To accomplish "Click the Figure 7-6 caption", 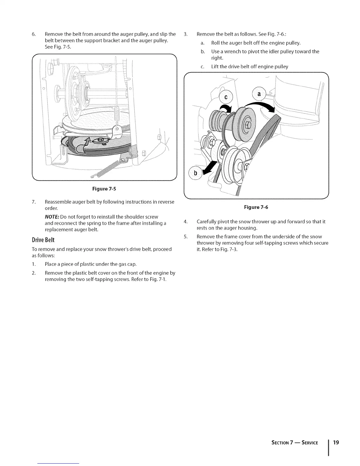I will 256,207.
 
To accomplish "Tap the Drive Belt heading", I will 43,240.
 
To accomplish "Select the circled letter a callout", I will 259,94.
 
